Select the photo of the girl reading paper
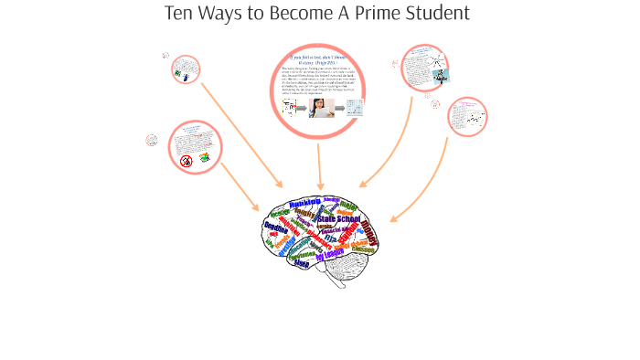319,109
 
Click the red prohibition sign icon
187,161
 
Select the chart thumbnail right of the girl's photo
354,108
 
